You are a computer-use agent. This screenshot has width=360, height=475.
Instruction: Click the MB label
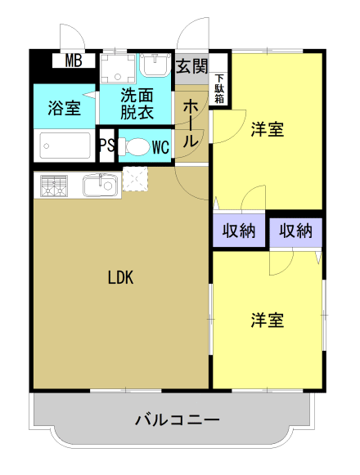pyautogui.click(x=74, y=60)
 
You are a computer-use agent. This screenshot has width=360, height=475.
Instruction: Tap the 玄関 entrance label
pyautogui.click(x=192, y=66)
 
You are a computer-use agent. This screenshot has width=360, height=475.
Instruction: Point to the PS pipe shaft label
pyautogui.click(x=107, y=146)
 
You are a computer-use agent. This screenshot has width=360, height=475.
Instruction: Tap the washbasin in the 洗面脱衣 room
pyautogui.click(x=156, y=65)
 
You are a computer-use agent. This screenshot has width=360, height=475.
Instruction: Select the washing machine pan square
pyautogui.click(x=117, y=69)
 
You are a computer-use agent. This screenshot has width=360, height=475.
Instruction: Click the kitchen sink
pyautogui.click(x=100, y=186)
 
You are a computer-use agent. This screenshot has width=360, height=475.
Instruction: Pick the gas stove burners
pyautogui.click(x=53, y=186)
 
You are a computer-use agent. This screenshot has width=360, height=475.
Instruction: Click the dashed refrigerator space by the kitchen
pyautogui.click(x=135, y=179)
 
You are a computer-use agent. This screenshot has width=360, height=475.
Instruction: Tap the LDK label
pyautogui.click(x=120, y=277)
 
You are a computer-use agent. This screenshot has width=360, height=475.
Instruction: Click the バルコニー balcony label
pyautogui.click(x=177, y=420)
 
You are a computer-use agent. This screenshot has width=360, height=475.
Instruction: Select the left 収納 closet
pyautogui.click(x=239, y=231)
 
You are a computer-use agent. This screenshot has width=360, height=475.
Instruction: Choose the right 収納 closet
pyautogui.click(x=295, y=232)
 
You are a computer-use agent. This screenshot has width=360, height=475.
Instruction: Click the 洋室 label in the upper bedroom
pyautogui.click(x=268, y=129)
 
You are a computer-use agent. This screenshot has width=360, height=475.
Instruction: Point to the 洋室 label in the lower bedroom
pyautogui.click(x=268, y=320)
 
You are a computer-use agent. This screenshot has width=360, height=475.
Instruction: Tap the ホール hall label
pyautogui.click(x=191, y=124)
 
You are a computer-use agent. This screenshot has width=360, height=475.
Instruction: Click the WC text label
pyautogui.click(x=160, y=147)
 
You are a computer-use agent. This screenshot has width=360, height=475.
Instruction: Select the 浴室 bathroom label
pyautogui.click(x=65, y=108)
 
